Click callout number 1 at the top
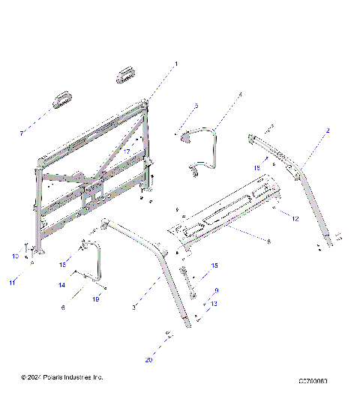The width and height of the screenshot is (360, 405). pyautogui.click(x=176, y=64)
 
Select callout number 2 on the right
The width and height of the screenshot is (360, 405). pyautogui.click(x=328, y=131)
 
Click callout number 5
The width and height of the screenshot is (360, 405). pyautogui.click(x=196, y=106)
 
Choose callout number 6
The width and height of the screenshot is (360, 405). pyautogui.click(x=62, y=307)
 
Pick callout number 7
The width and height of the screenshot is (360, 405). pyautogui.click(x=22, y=133)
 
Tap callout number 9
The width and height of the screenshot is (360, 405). pyautogui.click(x=217, y=290)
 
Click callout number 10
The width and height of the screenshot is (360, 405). pyautogui.click(x=14, y=256)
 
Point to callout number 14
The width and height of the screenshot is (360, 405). pyautogui.click(x=63, y=286)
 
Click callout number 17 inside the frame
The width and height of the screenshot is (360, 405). pyautogui.click(x=127, y=152)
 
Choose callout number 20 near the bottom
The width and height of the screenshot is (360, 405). pyautogui.click(x=148, y=361)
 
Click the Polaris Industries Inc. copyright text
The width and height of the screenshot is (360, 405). pyautogui.click(x=62, y=376)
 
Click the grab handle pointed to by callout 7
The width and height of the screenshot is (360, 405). pyautogui.click(x=61, y=99)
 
